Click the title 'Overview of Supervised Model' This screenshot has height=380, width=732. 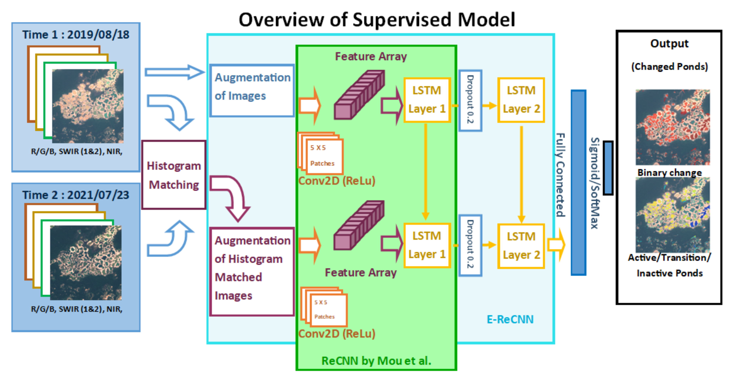[377, 20]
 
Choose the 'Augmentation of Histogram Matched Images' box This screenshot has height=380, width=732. [252, 271]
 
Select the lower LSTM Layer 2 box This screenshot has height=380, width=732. [521, 246]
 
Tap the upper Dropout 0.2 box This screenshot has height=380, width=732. [470, 100]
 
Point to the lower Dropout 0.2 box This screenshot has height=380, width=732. [470, 245]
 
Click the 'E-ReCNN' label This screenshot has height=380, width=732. [510, 320]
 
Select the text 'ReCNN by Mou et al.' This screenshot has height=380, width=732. [376, 361]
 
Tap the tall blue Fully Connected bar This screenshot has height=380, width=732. [578, 183]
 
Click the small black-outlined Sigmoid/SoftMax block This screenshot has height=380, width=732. [608, 168]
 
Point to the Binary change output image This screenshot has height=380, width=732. [672, 127]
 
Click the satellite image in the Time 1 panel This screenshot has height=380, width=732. [88, 106]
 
